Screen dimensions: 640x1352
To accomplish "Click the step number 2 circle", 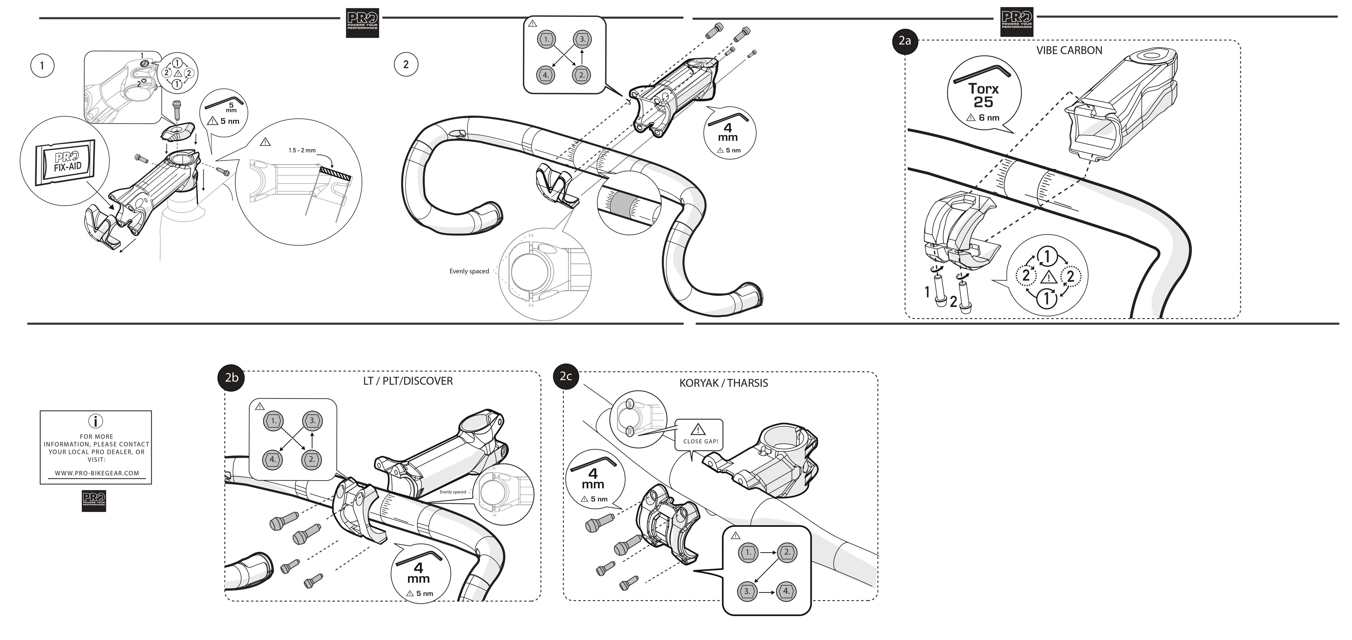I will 406,65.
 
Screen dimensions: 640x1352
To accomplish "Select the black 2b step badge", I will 231,378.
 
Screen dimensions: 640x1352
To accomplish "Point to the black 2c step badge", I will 566,376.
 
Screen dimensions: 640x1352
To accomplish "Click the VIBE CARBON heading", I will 1069,51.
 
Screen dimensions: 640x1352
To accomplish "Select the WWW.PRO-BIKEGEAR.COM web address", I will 97,473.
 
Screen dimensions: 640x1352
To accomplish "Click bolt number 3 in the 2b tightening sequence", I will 312,421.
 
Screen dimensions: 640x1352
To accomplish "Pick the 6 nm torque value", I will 989,118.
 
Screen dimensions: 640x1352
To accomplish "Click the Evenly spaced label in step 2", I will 469,271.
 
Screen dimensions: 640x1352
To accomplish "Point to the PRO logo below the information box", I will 94,501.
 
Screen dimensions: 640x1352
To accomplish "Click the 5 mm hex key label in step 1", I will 231,107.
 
